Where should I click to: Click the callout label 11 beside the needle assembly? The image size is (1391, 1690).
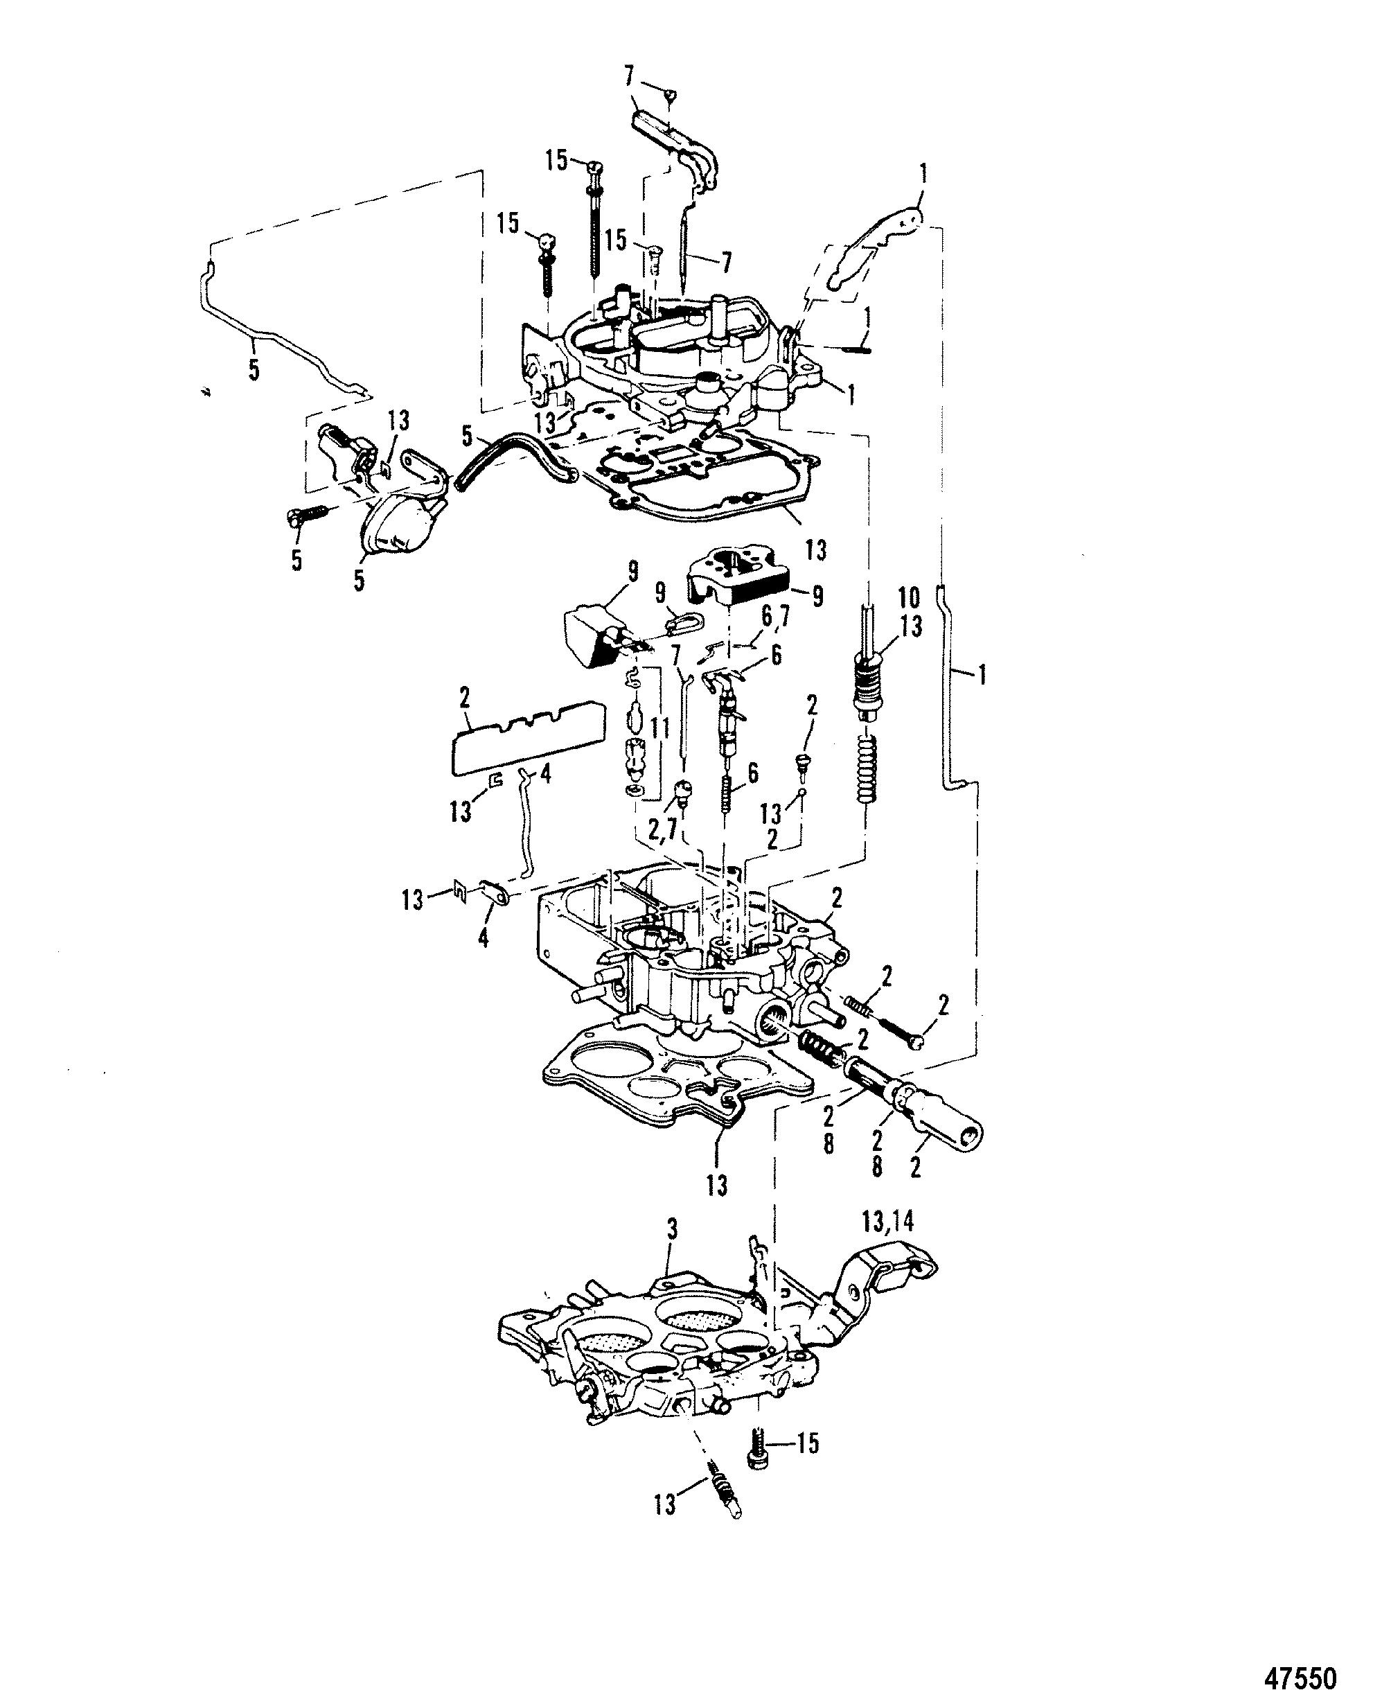(x=659, y=728)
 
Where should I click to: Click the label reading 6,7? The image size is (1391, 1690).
(x=775, y=616)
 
